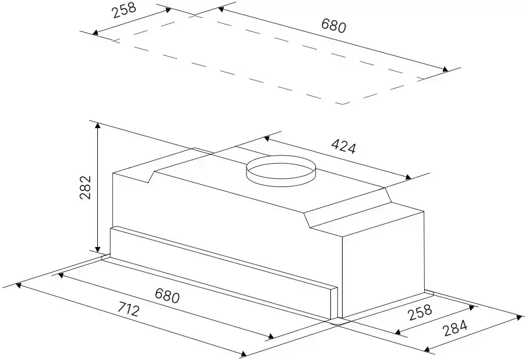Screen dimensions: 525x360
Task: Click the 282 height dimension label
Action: click(x=86, y=187)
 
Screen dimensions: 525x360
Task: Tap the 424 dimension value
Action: click(x=344, y=146)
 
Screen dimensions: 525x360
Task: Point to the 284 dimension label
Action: click(x=455, y=328)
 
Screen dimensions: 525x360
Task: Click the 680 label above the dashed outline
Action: click(x=333, y=26)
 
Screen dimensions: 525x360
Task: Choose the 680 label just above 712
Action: click(x=167, y=295)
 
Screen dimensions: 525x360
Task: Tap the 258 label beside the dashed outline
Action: click(x=124, y=10)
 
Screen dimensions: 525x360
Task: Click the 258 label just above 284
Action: click(x=420, y=312)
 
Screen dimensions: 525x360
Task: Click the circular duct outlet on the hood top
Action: click(x=281, y=171)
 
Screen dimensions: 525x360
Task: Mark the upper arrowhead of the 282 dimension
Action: click(x=97, y=125)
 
